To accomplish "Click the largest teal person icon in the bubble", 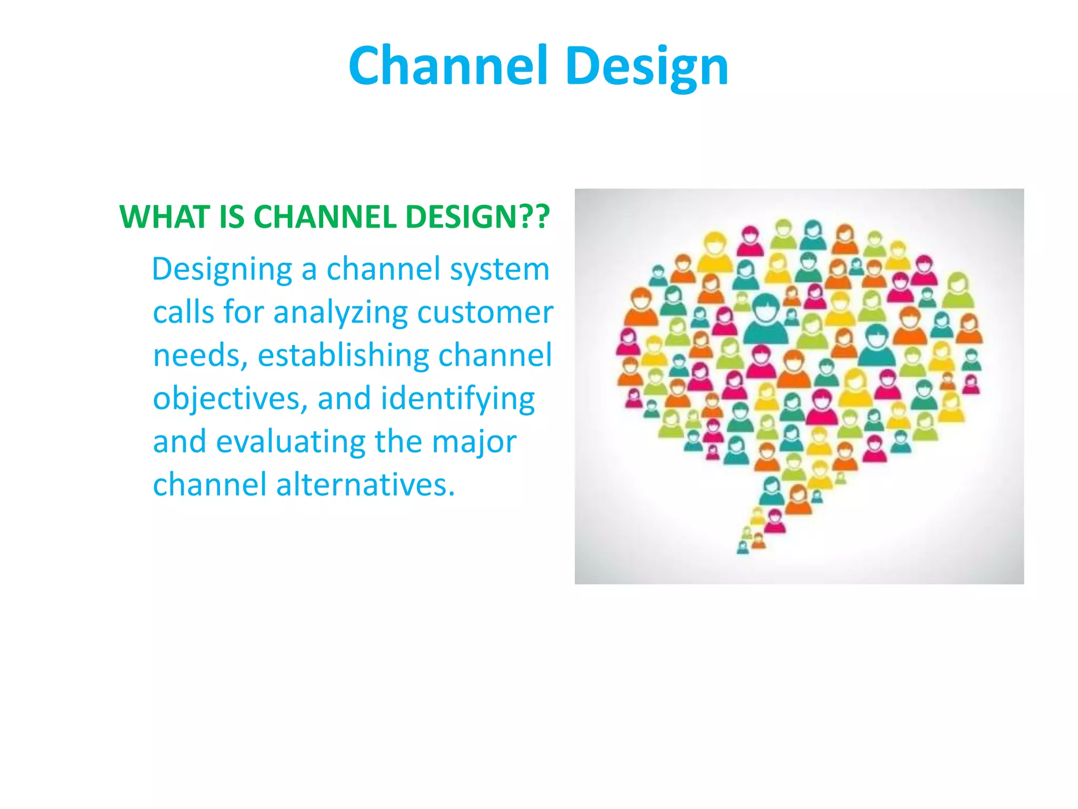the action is (x=766, y=319).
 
